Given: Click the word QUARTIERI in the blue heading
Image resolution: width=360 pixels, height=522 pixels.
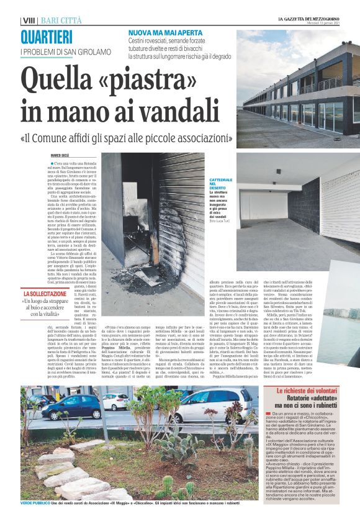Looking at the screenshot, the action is coord(46,37).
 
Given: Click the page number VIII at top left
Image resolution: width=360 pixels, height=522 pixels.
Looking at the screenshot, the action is coord(27,20).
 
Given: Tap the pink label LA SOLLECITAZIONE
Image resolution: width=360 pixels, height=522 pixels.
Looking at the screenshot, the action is coord(47,294).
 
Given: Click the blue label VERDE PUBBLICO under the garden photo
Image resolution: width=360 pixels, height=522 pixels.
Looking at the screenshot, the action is coord(35,502).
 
